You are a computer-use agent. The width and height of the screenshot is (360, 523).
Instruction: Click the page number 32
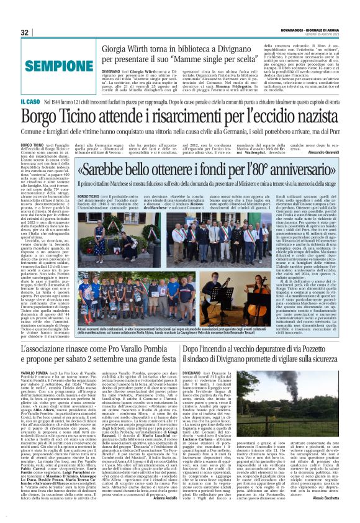point(25,32)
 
